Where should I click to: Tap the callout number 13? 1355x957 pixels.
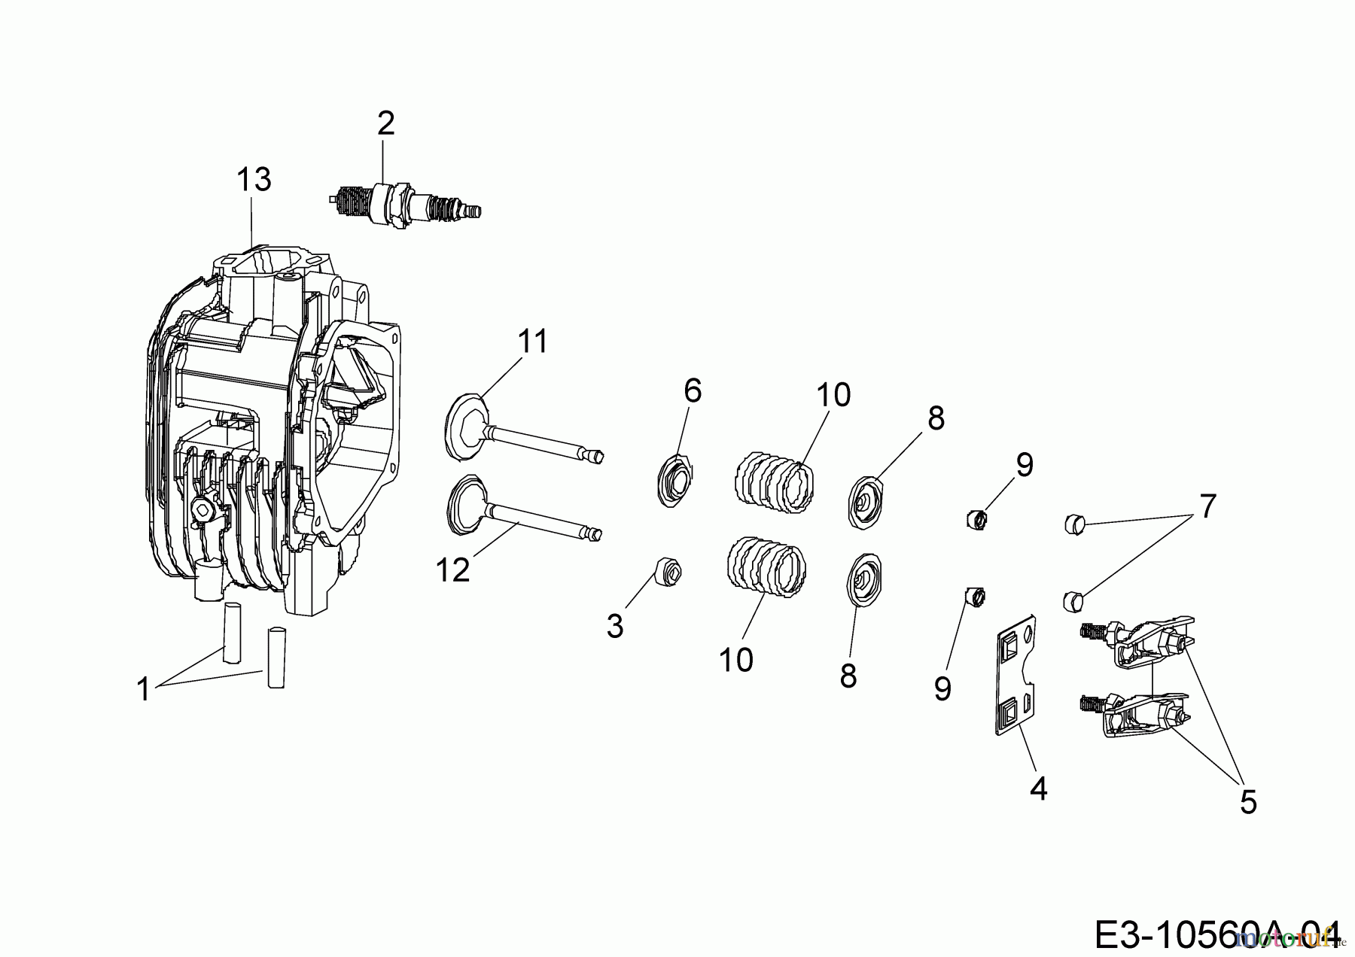tap(254, 180)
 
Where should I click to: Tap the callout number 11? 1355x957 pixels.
tap(533, 342)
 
